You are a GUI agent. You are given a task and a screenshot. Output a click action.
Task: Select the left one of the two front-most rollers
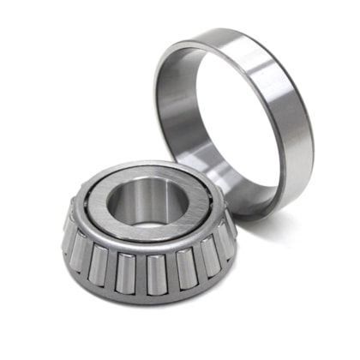126,273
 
